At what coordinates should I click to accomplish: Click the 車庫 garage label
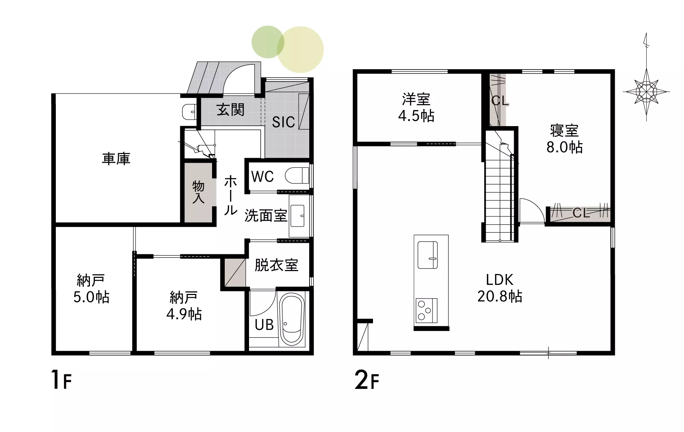coord(116,159)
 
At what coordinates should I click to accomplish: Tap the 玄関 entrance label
coord(231,110)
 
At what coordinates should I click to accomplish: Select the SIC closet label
coord(283,122)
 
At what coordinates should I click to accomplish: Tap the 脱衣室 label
coord(276,265)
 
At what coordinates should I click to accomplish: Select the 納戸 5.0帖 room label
coord(91,288)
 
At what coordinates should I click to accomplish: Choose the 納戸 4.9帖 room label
coord(184,306)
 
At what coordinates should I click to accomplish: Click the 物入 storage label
coord(198,192)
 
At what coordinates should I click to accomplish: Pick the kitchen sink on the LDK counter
coord(428,255)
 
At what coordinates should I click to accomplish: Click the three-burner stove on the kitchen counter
coord(426,311)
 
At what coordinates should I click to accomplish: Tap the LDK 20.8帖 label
coord(499,288)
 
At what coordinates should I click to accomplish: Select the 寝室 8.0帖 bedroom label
coord(564,139)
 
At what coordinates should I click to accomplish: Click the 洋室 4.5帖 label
coord(416,107)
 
